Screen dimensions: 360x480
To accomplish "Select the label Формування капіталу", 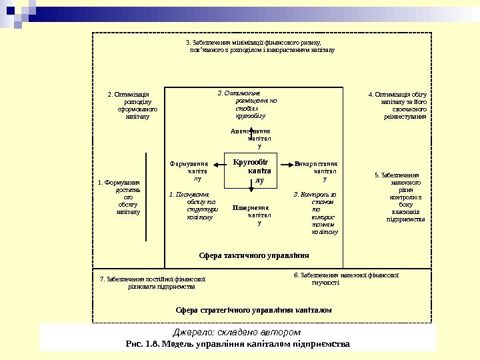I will tap(190, 171).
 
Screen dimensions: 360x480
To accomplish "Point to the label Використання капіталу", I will tap(317, 171).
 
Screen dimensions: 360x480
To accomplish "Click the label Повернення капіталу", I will tap(251, 215).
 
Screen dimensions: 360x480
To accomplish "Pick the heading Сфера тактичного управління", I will tap(254, 255).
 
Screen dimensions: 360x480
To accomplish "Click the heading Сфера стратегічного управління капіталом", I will tap(253, 310).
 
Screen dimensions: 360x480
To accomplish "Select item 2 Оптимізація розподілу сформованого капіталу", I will tap(133, 105).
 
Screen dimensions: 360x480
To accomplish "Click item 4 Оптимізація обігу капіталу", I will tap(397, 105).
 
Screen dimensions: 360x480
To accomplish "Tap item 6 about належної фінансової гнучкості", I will tap(345, 278).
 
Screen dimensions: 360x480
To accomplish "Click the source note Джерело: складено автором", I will tap(237, 332).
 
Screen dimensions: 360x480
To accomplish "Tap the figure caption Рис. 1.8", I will tap(237, 344).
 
